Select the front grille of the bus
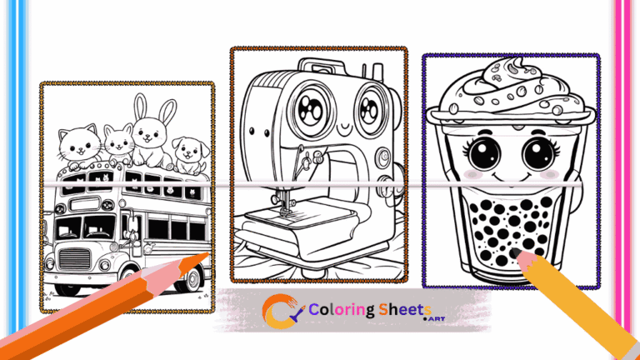pos(74,259)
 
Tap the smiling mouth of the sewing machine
pos(345,130)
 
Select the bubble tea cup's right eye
pos(540,154)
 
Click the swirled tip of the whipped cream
pos(517,64)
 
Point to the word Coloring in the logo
pos(342,310)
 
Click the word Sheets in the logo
pos(404,310)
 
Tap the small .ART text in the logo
pos(434,319)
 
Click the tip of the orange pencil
pos(207,254)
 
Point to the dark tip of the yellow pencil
pos(515,252)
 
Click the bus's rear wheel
pos(192,280)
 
